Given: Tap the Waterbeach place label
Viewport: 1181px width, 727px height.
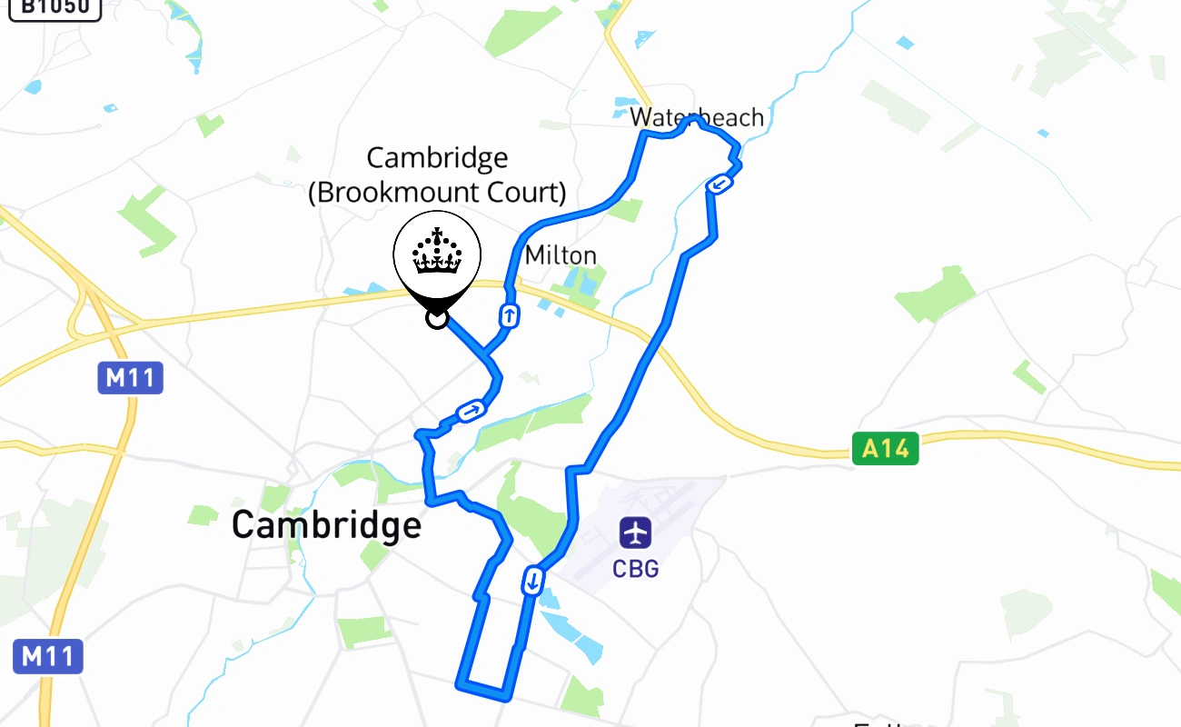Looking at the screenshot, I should [697, 117].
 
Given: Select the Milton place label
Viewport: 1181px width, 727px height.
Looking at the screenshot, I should [561, 255].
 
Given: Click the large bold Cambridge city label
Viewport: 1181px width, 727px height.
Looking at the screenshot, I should [326, 525].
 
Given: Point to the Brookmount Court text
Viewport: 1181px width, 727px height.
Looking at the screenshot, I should [437, 193].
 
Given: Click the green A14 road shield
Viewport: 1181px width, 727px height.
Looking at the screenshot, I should [885, 449].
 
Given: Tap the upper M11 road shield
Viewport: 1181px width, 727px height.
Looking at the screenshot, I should [130, 377].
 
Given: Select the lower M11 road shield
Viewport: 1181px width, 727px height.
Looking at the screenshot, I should [48, 656].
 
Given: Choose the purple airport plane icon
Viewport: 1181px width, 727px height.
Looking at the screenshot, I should [635, 532].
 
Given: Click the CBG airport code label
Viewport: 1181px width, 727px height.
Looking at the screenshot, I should [635, 569].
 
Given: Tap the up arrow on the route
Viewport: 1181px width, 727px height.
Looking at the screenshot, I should [510, 316].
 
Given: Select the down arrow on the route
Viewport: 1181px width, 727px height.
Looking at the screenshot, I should [533, 580].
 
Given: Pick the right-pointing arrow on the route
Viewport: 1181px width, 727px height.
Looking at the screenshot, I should [470, 412].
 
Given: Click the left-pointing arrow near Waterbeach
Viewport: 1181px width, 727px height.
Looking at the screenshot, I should [719, 184].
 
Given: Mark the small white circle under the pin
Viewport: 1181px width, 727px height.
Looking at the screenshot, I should [437, 318].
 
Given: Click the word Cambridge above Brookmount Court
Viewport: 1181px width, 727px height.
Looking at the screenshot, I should [437, 158].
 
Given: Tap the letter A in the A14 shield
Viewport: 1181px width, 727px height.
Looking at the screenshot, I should [870, 449].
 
